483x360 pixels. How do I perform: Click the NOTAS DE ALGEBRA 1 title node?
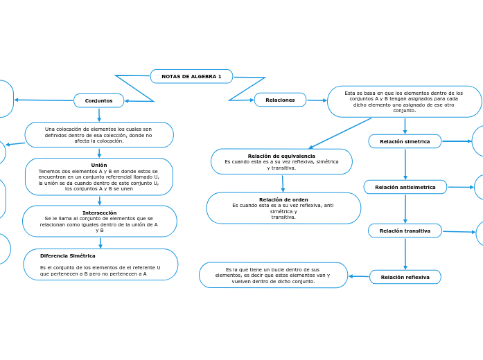(191, 76)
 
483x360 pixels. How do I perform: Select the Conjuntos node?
(98, 100)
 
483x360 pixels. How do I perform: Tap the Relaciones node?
(280, 100)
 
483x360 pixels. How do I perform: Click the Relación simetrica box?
(405, 141)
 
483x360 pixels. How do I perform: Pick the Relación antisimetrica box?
(405, 187)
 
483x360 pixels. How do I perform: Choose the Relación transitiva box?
(405, 231)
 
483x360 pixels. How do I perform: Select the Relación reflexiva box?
(405, 277)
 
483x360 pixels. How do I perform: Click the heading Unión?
(99, 165)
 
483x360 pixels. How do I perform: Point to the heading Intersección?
(100, 213)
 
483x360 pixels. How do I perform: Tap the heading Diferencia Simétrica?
(68, 255)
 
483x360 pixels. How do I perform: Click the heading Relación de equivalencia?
(281, 156)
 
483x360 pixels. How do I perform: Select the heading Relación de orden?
(283, 199)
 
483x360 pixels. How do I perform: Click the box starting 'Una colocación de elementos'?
(99, 135)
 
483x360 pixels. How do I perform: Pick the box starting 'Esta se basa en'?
(404, 102)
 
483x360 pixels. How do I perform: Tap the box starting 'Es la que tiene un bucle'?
(273, 275)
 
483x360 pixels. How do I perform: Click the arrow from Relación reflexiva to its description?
(358, 276)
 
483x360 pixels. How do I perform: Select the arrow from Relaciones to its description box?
(317, 100)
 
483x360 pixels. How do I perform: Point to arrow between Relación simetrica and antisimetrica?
(405, 164)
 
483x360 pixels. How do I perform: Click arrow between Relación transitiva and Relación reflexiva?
(405, 253)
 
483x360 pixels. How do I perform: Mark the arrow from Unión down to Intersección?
(100, 201)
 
